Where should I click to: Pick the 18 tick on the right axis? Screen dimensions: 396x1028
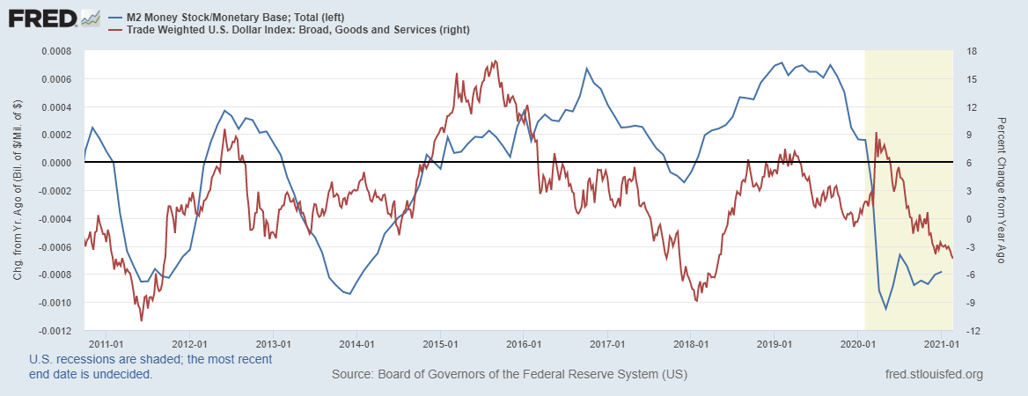click(971, 51)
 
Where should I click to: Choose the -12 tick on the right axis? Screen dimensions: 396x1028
click(972, 332)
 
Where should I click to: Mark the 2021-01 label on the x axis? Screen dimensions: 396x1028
click(940, 343)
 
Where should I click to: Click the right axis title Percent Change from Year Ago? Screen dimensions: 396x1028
click(1001, 190)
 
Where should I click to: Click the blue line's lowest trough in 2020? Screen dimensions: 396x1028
click(885, 309)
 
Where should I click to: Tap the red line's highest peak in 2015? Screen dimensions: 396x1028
click(495, 61)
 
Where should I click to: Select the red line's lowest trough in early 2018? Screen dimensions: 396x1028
click(696, 301)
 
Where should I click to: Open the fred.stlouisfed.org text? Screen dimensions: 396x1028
click(933, 375)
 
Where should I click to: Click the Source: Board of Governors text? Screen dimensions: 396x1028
click(510, 375)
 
